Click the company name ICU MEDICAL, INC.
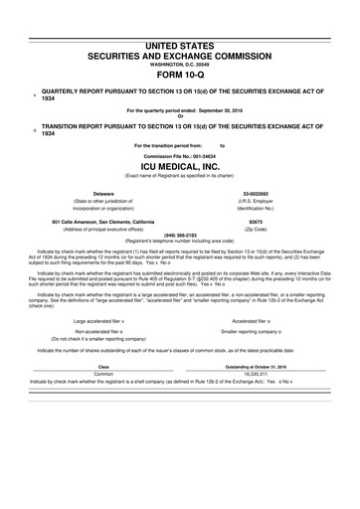179,167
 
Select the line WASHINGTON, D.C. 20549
179,39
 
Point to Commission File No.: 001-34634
179,156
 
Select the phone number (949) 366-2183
179,236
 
